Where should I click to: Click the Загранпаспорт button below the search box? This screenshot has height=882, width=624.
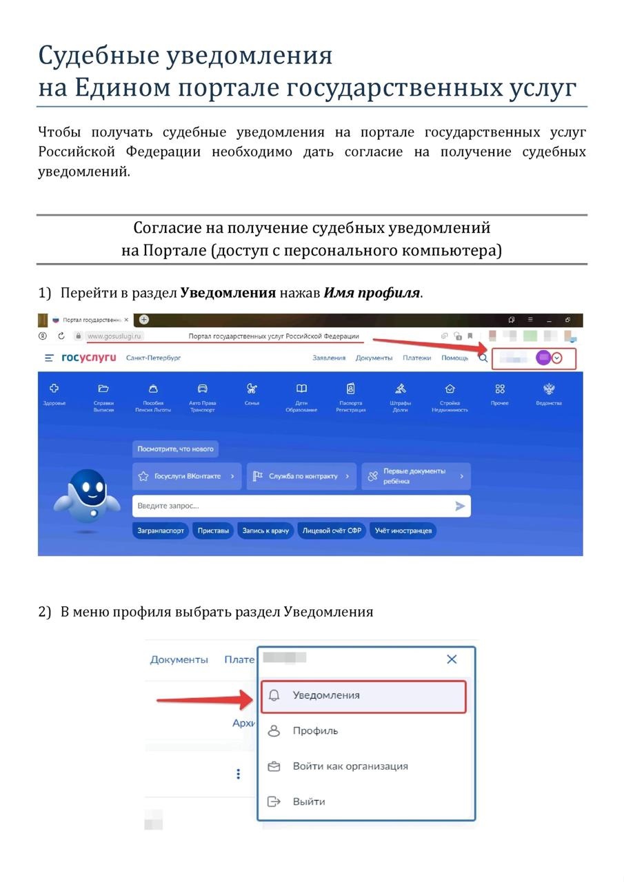coord(160,531)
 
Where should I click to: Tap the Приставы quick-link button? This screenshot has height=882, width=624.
coord(213,531)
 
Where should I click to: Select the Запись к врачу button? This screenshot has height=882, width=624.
coord(265,531)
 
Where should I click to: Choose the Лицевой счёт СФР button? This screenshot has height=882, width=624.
coord(332,531)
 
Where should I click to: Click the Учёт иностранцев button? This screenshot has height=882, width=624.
coord(403,531)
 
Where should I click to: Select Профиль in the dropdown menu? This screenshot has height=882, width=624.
coord(315,730)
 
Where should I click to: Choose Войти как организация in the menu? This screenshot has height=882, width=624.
coord(350,766)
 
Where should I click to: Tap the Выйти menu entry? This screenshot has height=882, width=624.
coord(308,801)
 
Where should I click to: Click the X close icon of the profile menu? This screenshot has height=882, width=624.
coord(452,659)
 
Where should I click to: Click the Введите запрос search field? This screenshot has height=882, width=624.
coord(290,506)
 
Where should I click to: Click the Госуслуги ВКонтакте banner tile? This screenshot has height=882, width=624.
coord(187,476)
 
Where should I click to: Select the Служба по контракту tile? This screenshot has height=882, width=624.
coord(301,476)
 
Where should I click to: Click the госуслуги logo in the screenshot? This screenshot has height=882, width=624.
coord(89,358)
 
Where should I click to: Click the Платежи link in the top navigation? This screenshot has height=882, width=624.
coord(417,358)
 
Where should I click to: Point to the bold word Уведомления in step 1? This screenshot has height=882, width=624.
coord(228,293)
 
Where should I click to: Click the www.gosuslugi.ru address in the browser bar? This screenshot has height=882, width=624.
coord(114,336)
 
